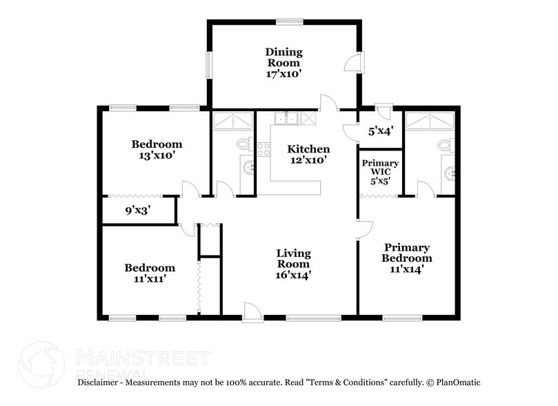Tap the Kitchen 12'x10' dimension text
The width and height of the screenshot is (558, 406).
coord(308,159)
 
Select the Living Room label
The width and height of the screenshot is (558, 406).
coord(294,258)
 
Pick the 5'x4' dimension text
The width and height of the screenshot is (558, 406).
coord(381,130)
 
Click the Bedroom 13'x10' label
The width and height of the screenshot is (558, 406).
coord(157,144)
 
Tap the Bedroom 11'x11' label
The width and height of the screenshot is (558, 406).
coord(150,268)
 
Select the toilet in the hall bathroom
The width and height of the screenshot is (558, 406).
coord(245,144)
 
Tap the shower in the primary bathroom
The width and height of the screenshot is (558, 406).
coord(430,121)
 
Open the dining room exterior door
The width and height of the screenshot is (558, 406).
coord(353,63)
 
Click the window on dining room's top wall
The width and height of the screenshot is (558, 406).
coord(283,21)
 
